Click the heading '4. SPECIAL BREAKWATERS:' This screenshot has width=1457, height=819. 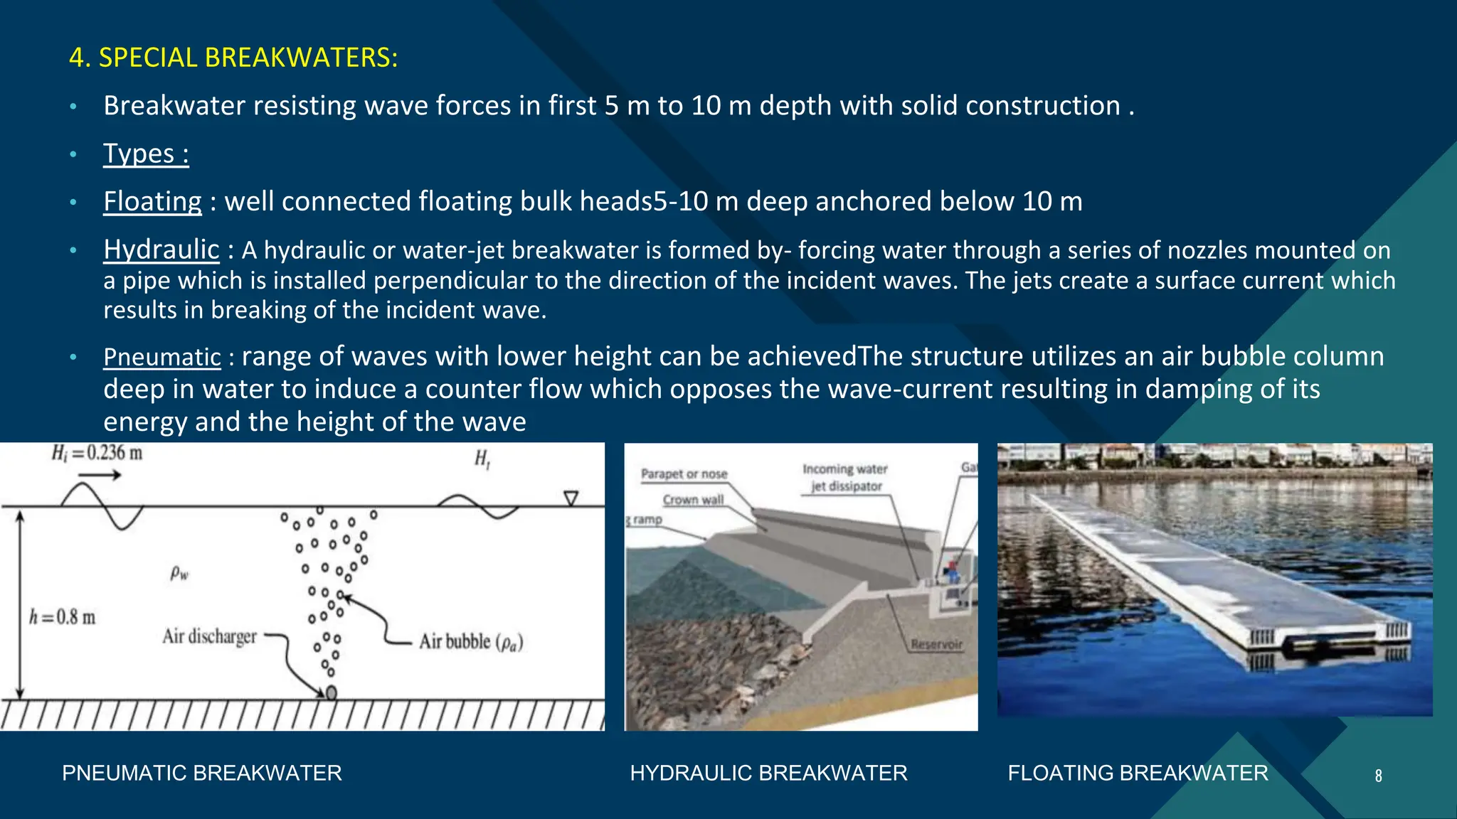[233, 58]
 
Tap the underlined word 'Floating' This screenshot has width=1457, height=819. [153, 201]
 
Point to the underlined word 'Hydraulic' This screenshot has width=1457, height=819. [161, 250]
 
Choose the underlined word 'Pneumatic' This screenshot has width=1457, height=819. [162, 357]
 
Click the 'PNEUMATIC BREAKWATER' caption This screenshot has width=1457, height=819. [202, 773]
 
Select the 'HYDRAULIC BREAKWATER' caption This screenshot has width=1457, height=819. [768, 773]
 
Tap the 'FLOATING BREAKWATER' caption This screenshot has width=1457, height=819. [1138, 773]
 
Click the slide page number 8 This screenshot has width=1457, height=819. [1378, 776]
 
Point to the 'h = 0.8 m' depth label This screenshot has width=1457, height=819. [62, 617]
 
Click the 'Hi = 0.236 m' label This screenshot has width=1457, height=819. [97, 453]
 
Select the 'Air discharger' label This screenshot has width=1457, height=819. [209, 636]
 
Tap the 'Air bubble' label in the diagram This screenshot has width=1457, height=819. [470, 642]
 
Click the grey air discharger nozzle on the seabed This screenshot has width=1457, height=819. [331, 692]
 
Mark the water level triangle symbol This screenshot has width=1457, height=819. [571, 498]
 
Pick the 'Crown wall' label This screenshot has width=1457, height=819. [693, 500]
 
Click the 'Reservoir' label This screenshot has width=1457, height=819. [936, 644]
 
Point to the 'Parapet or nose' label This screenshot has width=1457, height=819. [684, 473]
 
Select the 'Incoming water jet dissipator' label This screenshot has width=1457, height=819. [845, 478]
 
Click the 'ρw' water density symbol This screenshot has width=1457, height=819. [180, 573]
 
